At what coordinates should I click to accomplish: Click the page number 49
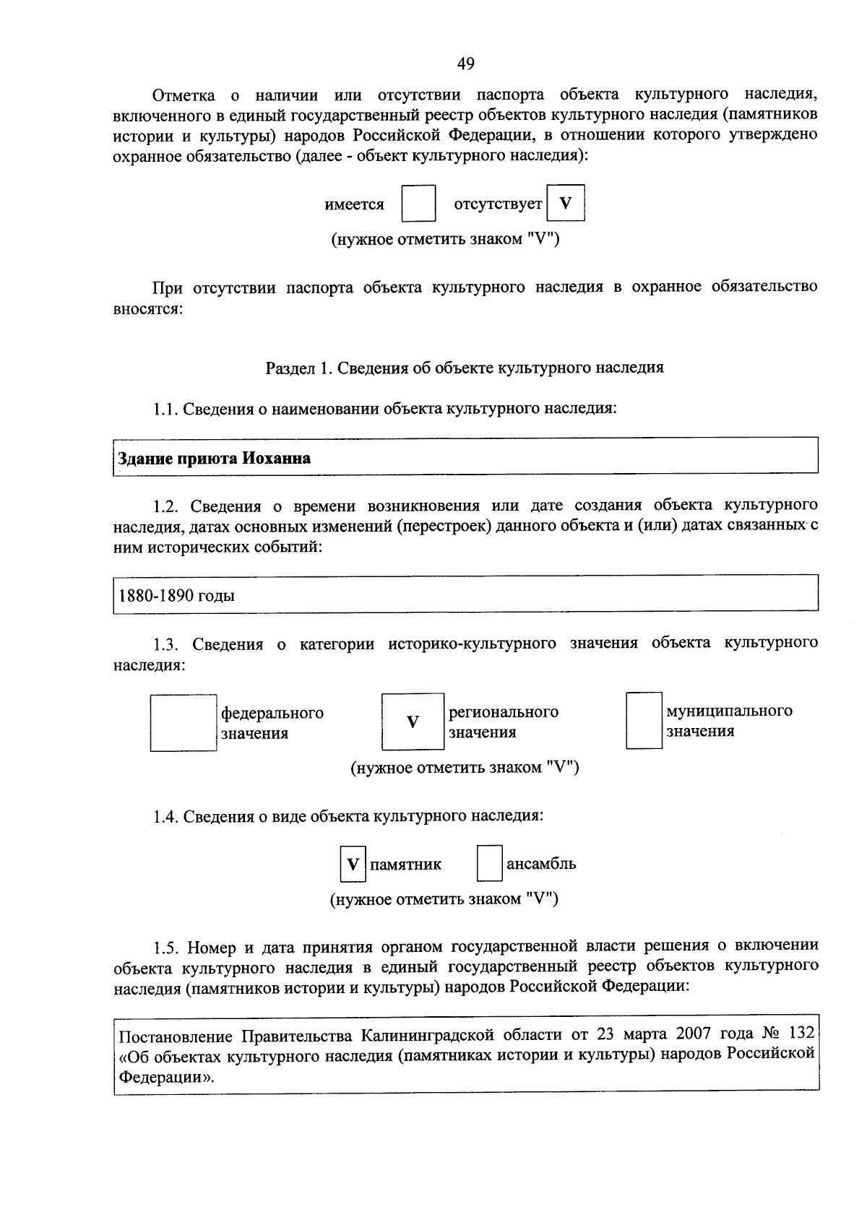click(x=466, y=64)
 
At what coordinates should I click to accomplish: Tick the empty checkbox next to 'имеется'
click(x=418, y=204)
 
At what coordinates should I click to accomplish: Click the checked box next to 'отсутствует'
click(x=566, y=204)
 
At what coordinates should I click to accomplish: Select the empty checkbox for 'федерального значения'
click(x=184, y=722)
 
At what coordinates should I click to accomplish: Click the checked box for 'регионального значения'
click(x=413, y=722)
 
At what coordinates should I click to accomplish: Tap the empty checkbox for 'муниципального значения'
click(x=644, y=720)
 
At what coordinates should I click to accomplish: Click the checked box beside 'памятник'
click(x=353, y=864)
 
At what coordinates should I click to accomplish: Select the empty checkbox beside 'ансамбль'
click(x=489, y=864)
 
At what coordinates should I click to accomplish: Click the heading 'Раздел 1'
click(x=298, y=368)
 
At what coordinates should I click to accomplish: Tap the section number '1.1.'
click(x=165, y=410)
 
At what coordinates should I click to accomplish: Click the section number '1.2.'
click(x=165, y=505)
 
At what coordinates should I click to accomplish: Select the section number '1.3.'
click(x=165, y=644)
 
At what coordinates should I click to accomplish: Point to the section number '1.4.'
click(x=165, y=817)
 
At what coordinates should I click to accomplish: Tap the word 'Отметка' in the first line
click(x=184, y=95)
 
